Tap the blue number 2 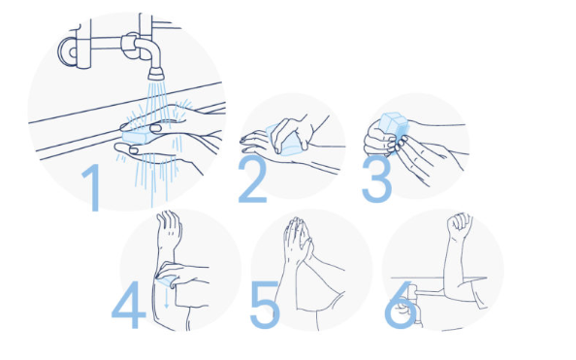[x=252, y=179]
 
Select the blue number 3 [x=377, y=180]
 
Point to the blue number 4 [x=129, y=305]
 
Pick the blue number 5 [x=265, y=305]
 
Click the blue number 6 [x=400, y=306]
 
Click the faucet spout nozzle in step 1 [x=156, y=74]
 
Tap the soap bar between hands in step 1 [x=137, y=135]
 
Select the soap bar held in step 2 [x=286, y=141]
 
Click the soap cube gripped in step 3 [x=394, y=127]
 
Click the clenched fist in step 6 [x=460, y=225]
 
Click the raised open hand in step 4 [x=169, y=229]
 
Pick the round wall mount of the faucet [x=69, y=51]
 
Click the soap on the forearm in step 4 [x=165, y=282]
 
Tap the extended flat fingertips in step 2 [x=250, y=145]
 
